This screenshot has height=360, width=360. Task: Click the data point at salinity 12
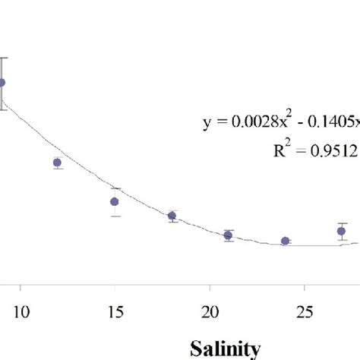tap(57, 163)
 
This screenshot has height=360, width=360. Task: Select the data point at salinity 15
tap(115, 201)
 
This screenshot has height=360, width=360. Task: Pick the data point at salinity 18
tap(172, 216)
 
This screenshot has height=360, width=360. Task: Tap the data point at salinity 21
tap(229, 235)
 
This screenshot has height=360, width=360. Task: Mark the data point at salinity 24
tap(286, 241)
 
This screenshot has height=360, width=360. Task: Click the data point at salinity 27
tap(342, 231)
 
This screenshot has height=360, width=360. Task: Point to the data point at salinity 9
tap(2, 83)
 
